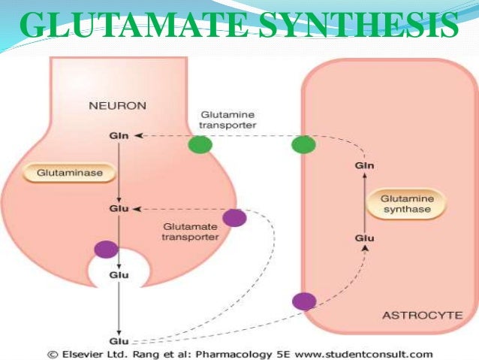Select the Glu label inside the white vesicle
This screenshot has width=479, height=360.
tap(117, 275)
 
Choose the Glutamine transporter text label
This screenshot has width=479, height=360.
tap(226, 120)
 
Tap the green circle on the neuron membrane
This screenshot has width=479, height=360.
tap(200, 144)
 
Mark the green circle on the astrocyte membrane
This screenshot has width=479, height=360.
tap(303, 144)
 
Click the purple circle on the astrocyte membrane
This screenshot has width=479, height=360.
tap(303, 301)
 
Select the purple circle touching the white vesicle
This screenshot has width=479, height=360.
tap(105, 250)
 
